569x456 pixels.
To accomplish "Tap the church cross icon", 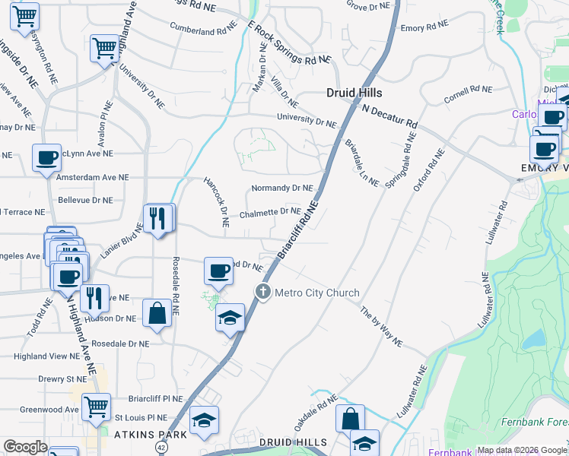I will [x=263, y=292].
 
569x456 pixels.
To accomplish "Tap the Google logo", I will [x=25, y=446].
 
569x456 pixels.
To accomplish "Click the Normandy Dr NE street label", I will [x=282, y=188].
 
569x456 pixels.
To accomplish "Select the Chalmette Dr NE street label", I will [x=270, y=214].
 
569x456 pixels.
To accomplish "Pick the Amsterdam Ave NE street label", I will [x=93, y=176].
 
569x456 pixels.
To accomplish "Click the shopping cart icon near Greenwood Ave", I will [x=97, y=408].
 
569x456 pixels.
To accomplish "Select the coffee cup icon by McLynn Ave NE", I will [x=47, y=158].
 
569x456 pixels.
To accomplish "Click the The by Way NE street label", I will [x=381, y=327].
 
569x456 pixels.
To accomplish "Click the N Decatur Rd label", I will [x=390, y=116].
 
